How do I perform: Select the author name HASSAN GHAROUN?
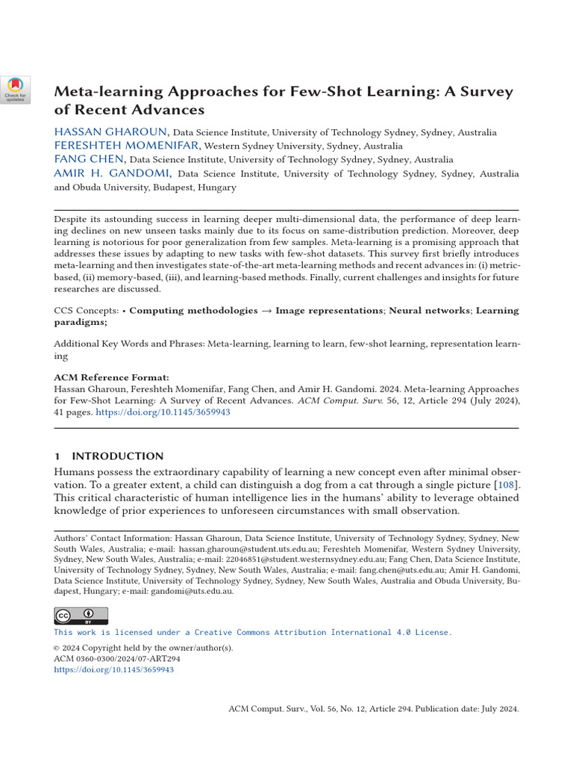click(x=111, y=132)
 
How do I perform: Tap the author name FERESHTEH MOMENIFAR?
click(x=127, y=146)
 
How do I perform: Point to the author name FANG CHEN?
click(x=90, y=159)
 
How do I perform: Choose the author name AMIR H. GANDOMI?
click(x=113, y=173)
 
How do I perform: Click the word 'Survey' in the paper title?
click(x=485, y=92)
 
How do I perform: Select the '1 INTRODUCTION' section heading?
click(x=108, y=456)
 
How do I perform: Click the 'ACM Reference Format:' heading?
click(x=111, y=377)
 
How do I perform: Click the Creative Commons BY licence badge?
click(x=81, y=615)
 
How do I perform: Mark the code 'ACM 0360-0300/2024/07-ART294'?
click(x=117, y=659)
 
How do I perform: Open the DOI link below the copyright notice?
click(x=113, y=670)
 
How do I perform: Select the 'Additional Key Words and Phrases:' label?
click(x=129, y=344)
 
